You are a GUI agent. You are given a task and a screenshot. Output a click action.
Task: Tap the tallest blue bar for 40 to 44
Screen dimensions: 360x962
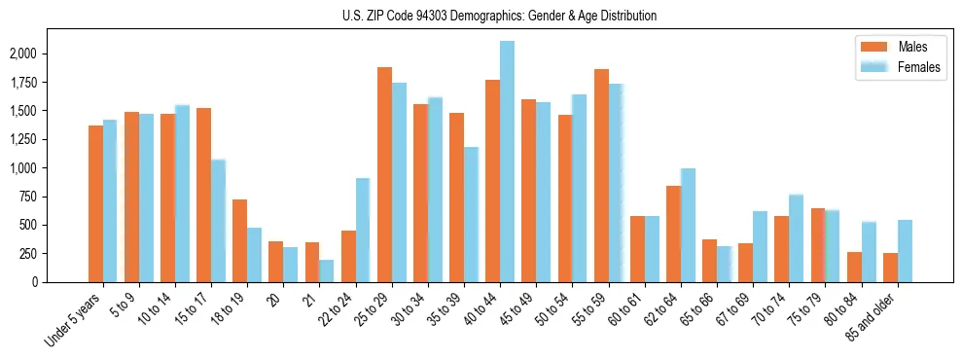coord(507,162)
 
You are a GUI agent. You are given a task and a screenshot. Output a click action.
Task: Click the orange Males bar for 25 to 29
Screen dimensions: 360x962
coord(384,174)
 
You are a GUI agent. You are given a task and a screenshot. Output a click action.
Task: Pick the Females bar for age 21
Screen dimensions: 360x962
coord(327,270)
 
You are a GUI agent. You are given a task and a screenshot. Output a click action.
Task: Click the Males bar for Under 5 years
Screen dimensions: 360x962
coord(95,203)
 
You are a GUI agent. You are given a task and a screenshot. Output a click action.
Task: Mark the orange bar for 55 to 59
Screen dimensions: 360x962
coord(601,175)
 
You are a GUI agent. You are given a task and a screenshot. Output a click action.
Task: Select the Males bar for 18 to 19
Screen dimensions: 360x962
coord(239,240)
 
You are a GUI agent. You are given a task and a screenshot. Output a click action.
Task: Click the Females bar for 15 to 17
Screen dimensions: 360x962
coord(218,221)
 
